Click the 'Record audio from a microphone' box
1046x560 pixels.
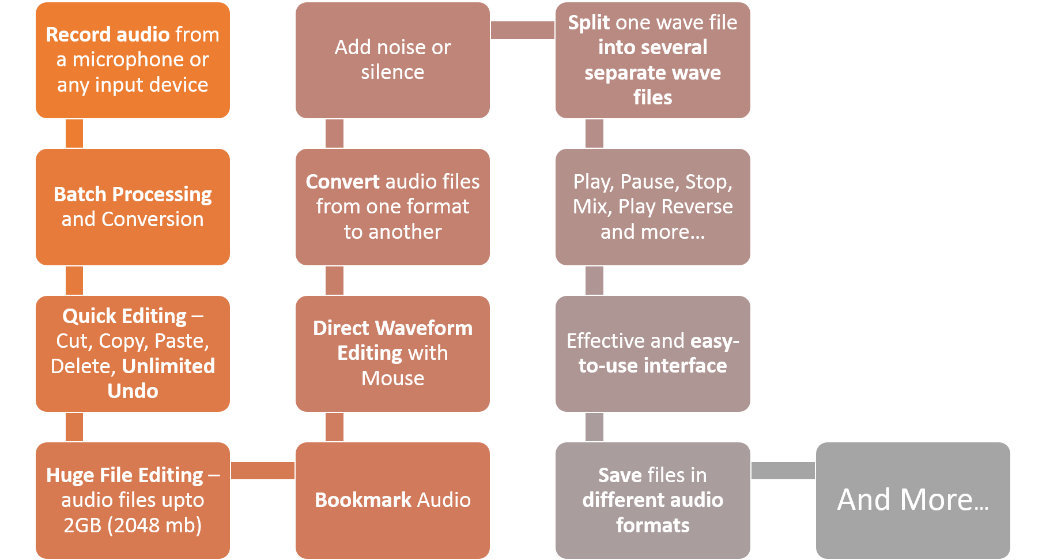coord(133,60)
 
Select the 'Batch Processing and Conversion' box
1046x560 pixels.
coord(133,207)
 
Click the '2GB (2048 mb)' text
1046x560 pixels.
coord(133,525)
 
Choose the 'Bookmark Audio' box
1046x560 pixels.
coord(392,501)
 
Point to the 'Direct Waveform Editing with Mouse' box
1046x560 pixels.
coord(392,354)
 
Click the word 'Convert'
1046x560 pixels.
coord(342,182)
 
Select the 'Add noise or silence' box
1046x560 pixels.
coord(392,60)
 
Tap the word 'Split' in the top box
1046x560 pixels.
coord(589,22)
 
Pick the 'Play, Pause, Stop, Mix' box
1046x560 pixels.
coord(652,207)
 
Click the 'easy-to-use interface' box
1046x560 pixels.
coord(652,354)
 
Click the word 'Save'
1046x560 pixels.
coord(620,475)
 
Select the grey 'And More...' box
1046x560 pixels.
coord(913,501)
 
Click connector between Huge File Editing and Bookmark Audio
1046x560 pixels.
coord(263,471)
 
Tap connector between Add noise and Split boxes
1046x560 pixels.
coord(523,31)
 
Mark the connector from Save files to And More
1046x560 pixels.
coord(783,471)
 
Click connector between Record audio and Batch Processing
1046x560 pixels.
coord(74,134)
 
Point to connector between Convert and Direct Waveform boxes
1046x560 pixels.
coord(334,281)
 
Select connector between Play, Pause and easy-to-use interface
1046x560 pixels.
coord(594,281)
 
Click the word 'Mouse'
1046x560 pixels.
coord(392,378)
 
